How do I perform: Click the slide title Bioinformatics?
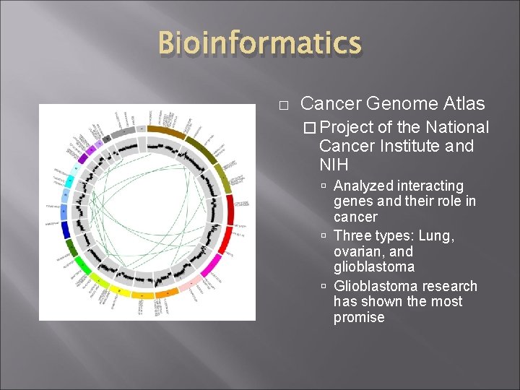(259, 43)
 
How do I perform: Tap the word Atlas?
(462, 104)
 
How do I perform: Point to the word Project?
(346, 128)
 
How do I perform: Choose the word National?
(457, 128)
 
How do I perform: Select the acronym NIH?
(334, 165)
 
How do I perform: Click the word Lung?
(438, 236)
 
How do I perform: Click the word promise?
(359, 318)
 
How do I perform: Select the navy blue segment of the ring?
(66, 230)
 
